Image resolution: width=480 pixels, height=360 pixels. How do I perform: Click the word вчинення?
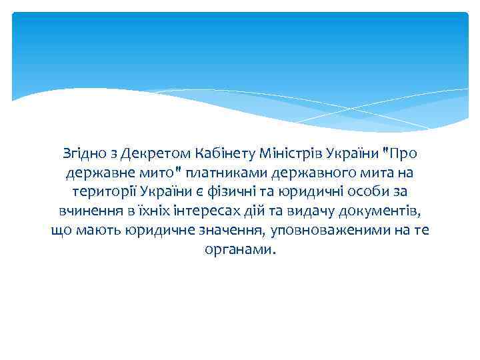87,212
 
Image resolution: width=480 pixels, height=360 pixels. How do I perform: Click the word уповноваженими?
328,231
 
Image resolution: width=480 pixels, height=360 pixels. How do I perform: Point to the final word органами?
239,251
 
